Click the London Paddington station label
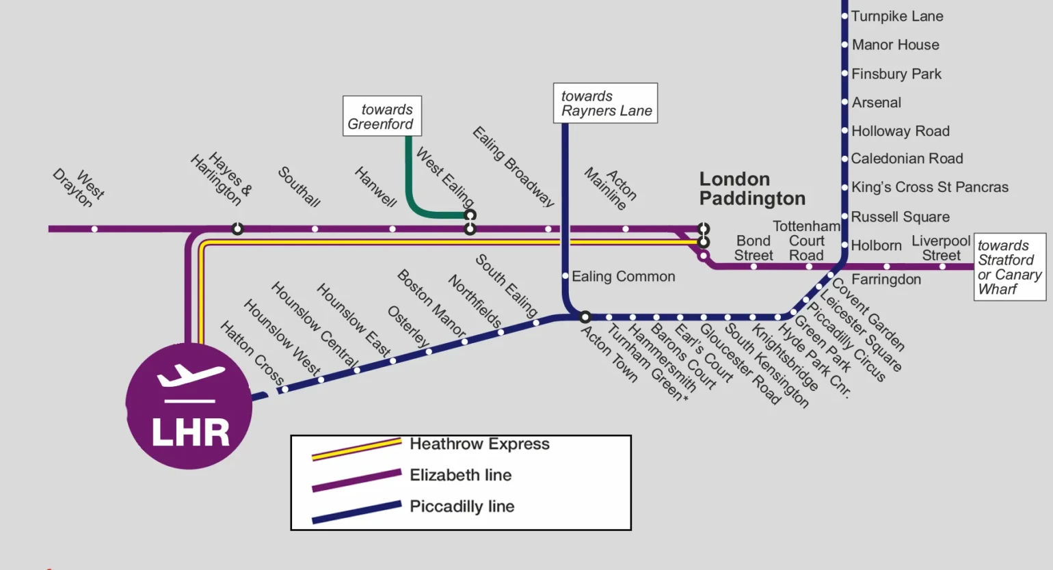point(751,189)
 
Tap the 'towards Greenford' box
point(382,116)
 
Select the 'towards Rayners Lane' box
point(605,103)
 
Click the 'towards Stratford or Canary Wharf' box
point(1009,267)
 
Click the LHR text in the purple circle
point(190,433)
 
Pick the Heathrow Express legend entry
point(479,444)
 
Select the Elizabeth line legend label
point(460,475)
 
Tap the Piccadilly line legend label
point(462,506)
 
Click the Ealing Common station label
point(623,277)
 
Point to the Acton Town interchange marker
point(585,317)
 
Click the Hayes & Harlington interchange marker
point(237,229)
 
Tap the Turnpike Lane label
point(896,16)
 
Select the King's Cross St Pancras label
point(929,187)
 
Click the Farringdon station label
point(886,280)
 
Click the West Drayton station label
point(79,188)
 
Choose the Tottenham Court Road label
point(806,241)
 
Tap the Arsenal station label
point(876,103)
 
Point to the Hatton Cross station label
point(252,353)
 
